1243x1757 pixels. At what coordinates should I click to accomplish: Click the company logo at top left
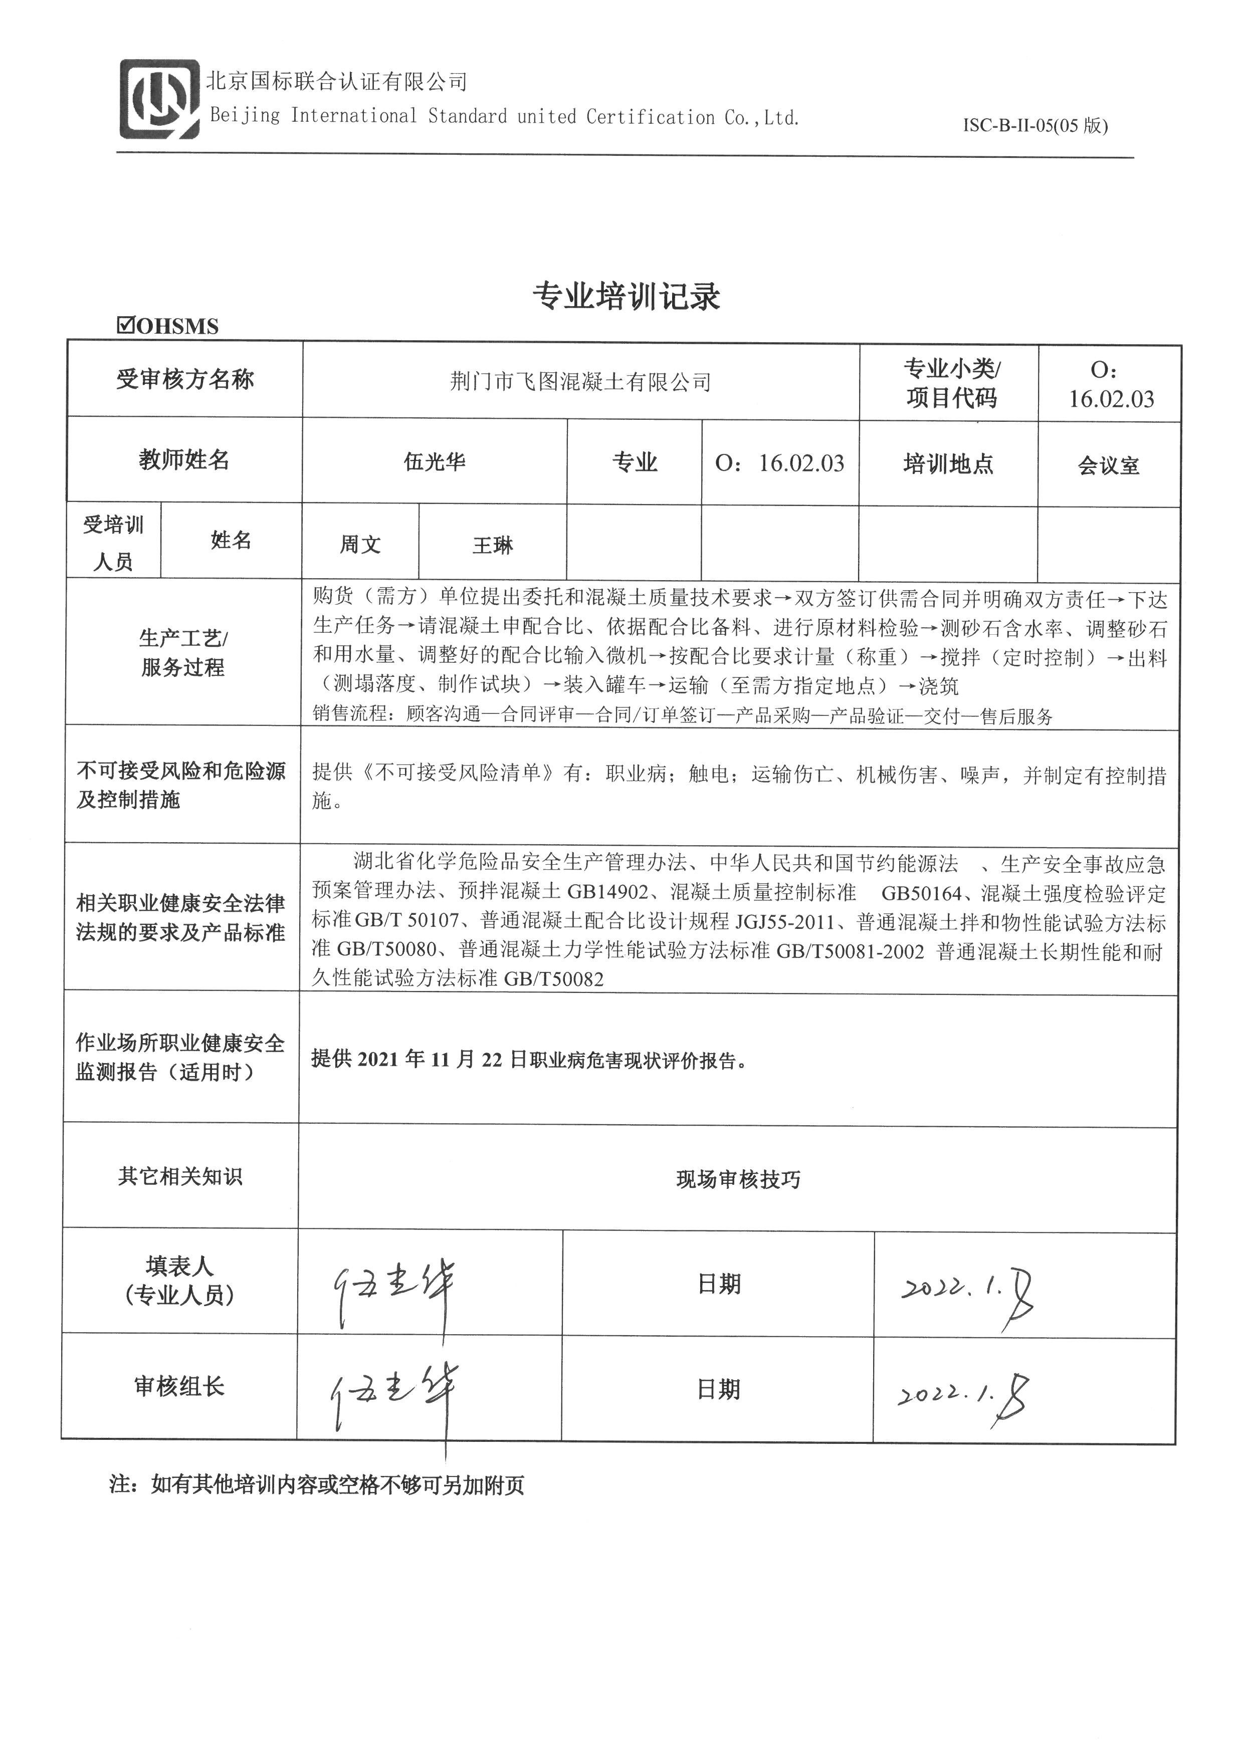(x=158, y=99)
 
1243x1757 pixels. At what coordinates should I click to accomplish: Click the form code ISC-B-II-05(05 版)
(x=1035, y=125)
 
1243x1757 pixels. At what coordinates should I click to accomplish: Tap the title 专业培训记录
(x=626, y=296)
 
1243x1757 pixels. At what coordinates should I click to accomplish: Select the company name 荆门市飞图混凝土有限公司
(x=580, y=381)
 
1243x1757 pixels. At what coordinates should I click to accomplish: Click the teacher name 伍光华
(x=434, y=462)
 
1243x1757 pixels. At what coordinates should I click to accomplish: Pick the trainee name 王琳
(x=492, y=545)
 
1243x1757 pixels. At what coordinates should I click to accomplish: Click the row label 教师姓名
(x=184, y=460)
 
